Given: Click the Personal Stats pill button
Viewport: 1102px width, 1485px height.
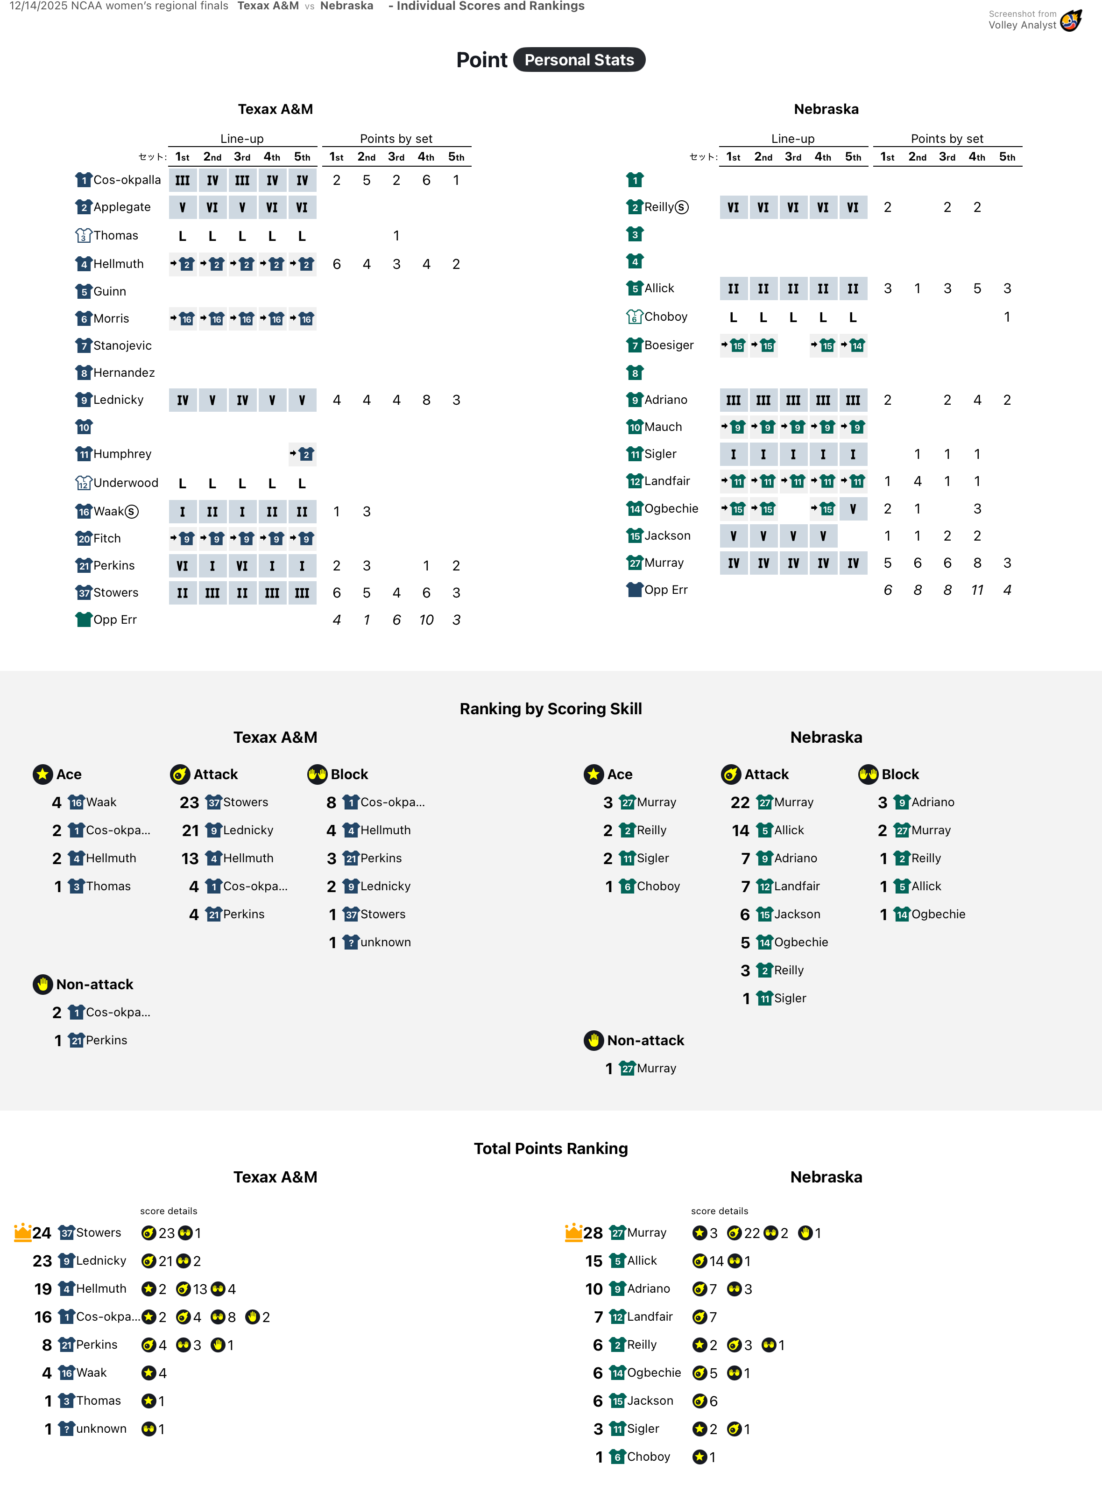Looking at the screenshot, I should (x=579, y=60).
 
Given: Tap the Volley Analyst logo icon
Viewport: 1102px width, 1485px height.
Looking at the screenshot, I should (x=1071, y=21).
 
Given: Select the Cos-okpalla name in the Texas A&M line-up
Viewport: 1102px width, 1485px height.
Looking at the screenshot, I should (x=127, y=180).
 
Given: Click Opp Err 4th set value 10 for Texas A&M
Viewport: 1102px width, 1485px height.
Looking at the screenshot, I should (x=426, y=620).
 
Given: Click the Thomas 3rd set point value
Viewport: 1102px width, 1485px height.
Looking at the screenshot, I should (x=396, y=235).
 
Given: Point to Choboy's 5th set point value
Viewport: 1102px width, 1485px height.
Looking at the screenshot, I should (x=1007, y=317).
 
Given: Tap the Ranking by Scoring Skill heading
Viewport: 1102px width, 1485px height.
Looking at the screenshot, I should (x=551, y=709).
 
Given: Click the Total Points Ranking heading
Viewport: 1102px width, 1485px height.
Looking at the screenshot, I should (x=551, y=1148).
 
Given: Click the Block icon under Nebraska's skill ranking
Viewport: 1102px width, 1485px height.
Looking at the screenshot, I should (x=868, y=774).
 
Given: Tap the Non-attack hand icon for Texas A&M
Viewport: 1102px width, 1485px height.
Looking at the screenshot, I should (x=42, y=984).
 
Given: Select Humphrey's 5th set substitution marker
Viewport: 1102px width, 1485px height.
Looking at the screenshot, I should (x=302, y=454).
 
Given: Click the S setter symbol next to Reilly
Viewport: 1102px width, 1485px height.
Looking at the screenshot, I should (x=682, y=207).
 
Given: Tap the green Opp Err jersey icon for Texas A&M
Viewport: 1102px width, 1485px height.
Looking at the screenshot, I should (x=84, y=619).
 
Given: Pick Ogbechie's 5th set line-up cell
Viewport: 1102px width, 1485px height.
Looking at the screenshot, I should (x=853, y=509).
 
